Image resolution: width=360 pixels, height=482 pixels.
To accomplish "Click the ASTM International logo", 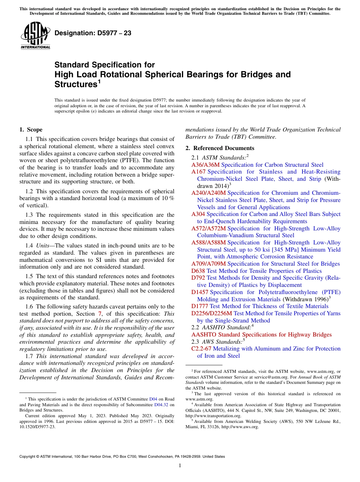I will click(35, 36).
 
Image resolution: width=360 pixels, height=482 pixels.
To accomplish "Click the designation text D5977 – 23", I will click(93, 33).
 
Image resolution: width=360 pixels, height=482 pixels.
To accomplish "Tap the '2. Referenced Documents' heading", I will click(220, 148).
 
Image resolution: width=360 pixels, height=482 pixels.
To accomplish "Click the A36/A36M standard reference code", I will click(205, 165).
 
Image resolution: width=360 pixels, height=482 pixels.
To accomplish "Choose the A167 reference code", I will click(199, 172).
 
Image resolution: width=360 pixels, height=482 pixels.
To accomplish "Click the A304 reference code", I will click(199, 214).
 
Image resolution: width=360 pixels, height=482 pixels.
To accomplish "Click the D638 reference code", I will click(198, 271).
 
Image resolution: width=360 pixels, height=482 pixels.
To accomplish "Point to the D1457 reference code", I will click(200, 292).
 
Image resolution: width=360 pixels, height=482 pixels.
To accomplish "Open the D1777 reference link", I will click(200, 306).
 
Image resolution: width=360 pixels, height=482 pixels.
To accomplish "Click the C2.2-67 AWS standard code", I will click(201, 349).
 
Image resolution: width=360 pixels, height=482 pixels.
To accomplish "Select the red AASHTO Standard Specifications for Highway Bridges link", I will click(261, 335).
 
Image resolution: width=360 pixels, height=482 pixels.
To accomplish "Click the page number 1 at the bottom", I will click(180, 466).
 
